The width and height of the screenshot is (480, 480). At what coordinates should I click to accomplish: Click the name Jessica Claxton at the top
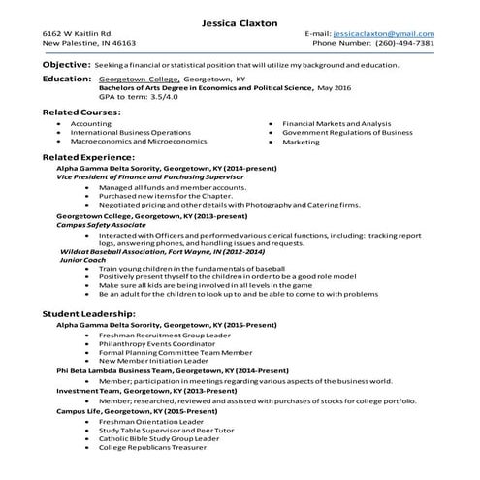(x=240, y=22)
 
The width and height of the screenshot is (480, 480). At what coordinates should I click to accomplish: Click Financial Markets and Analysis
(x=336, y=125)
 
